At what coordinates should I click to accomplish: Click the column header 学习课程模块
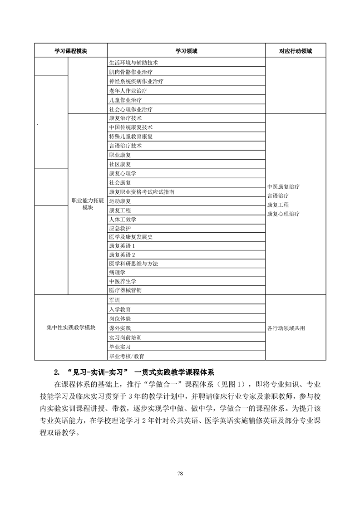pyautogui.click(x=71, y=51)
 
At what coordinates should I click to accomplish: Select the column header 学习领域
pyautogui.click(x=186, y=51)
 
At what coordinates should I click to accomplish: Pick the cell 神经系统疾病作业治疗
pyautogui.click(x=136, y=81)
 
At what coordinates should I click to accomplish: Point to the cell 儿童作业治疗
pyautogui.click(x=125, y=100)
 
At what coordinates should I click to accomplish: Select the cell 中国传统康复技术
pyautogui.click(x=131, y=127)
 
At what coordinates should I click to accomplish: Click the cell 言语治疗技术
pyautogui.click(x=125, y=146)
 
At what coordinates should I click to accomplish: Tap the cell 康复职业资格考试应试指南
pyautogui.click(x=142, y=192)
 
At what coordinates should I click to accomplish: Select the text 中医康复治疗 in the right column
pyautogui.click(x=283, y=186)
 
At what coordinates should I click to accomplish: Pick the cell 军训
pyautogui.click(x=114, y=300)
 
